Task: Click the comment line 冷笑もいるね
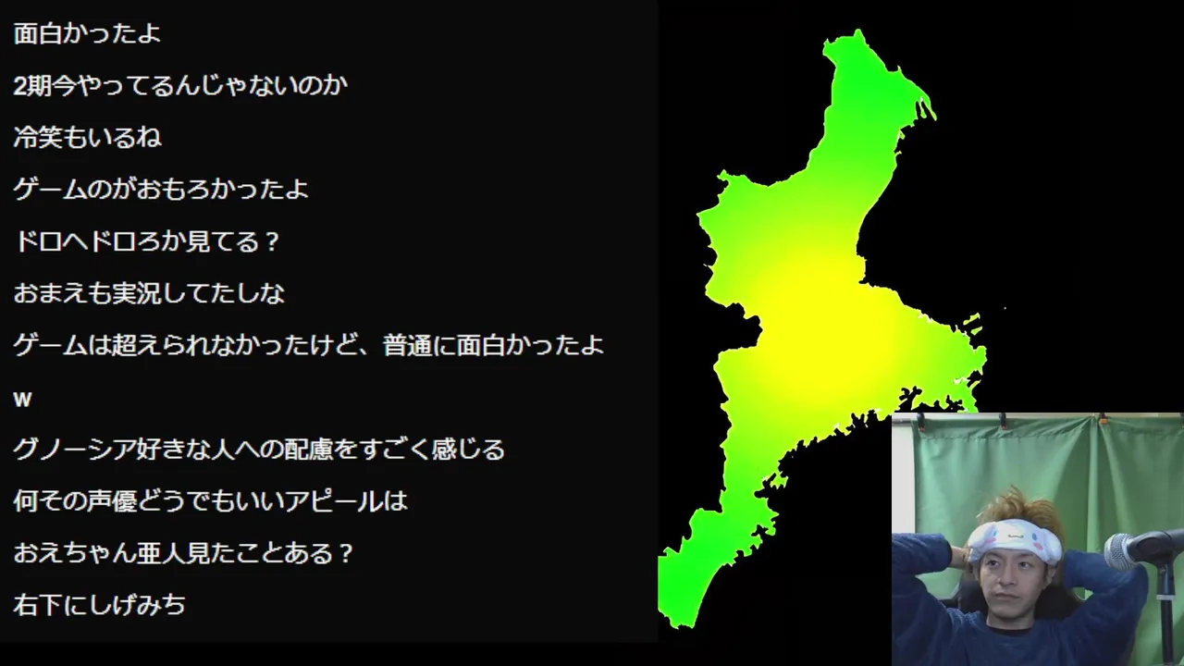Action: (87, 138)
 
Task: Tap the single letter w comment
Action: (22, 400)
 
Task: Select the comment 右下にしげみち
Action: (99, 605)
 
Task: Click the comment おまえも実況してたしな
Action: (149, 293)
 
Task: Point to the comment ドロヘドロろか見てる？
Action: (146, 241)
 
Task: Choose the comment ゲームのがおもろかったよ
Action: (161, 190)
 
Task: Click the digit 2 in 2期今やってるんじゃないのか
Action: (20, 86)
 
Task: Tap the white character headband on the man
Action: (1015, 540)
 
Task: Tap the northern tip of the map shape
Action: (858, 31)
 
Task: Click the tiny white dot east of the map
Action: (1005, 308)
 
